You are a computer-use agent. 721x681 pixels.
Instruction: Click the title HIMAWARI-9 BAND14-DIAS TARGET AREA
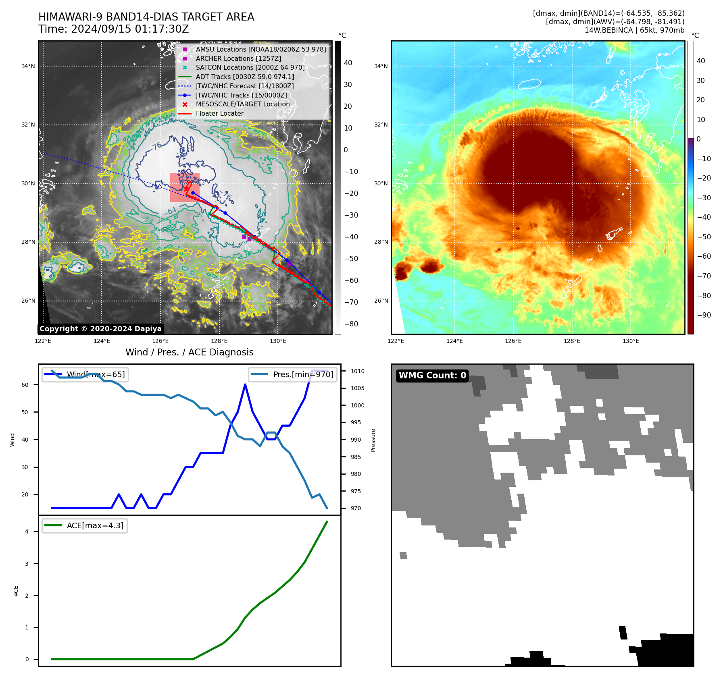[146, 17]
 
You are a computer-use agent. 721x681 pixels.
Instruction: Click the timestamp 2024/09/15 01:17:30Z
[130, 29]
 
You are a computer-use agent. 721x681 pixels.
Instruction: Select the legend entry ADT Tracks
[245, 77]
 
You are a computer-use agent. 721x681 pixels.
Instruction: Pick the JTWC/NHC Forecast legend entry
[244, 86]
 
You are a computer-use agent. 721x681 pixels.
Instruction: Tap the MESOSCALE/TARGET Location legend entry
[242, 104]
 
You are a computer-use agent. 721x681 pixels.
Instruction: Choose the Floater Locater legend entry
[219, 113]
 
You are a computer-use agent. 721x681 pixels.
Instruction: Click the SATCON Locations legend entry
[250, 67]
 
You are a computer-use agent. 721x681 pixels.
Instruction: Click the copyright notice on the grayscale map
[100, 329]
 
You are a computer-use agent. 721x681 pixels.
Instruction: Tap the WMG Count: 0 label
[432, 376]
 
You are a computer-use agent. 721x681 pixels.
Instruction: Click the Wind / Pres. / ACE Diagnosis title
[189, 352]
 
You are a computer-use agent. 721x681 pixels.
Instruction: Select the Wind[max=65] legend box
[85, 374]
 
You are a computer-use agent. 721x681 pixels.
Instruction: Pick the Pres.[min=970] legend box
[293, 374]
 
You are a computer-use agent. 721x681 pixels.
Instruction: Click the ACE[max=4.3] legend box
[85, 525]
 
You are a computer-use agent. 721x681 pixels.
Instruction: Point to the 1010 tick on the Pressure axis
[357, 371]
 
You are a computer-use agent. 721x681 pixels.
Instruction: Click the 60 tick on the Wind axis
[25, 385]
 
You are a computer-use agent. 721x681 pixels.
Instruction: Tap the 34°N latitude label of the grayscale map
[28, 66]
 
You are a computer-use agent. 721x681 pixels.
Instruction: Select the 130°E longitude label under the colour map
[631, 341]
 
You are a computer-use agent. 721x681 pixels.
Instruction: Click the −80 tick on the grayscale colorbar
[351, 324]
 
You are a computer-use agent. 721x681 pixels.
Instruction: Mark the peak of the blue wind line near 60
[245, 384]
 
